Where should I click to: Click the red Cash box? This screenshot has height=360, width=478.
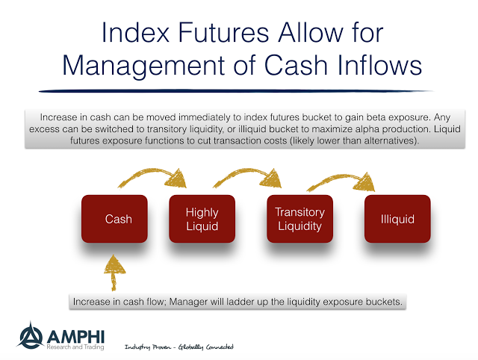point(114,219)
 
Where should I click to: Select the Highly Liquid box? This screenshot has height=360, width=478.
point(202,219)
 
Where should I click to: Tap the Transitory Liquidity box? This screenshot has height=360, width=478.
point(300,219)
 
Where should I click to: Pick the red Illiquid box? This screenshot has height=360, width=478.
point(397,219)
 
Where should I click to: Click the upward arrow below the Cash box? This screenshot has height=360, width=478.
point(114,273)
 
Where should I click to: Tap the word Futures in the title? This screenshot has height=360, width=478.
point(223,33)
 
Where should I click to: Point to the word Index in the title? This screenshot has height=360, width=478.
point(135,33)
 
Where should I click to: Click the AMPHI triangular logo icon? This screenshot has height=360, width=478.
point(30,335)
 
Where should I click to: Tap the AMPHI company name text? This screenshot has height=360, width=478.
point(76,337)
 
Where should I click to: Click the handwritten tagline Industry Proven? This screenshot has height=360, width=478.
point(148,347)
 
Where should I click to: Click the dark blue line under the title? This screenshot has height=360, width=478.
point(235,91)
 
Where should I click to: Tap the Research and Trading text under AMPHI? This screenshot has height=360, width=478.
point(75,347)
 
